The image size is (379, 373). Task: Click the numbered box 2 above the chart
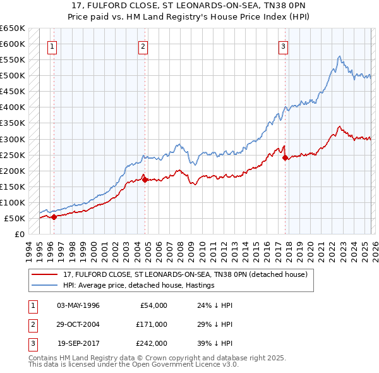[143, 46]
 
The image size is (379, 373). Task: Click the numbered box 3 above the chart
[284, 46]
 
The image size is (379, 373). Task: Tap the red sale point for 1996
[54, 217]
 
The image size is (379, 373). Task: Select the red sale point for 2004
[145, 180]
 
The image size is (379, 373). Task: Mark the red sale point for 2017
[285, 157]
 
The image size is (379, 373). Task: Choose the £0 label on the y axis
[18, 234]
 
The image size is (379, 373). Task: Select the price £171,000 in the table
[152, 324]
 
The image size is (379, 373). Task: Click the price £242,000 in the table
[152, 343]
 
